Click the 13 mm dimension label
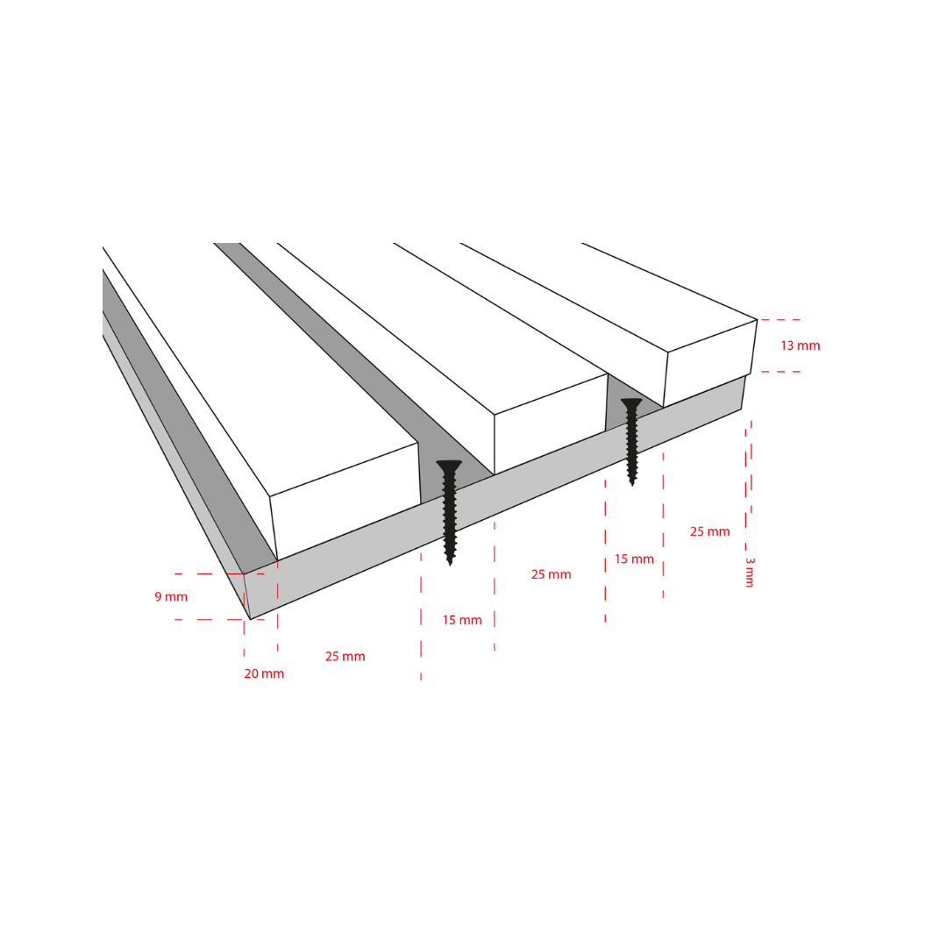(x=801, y=345)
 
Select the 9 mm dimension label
(x=171, y=597)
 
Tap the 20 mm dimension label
(x=264, y=673)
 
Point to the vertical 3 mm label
(x=750, y=572)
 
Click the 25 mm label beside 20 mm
(x=345, y=657)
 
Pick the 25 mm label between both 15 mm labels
(x=551, y=574)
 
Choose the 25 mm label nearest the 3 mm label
(x=709, y=531)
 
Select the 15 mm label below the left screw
(x=462, y=620)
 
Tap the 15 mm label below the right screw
(x=634, y=559)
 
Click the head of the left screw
(x=449, y=466)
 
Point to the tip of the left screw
(x=450, y=564)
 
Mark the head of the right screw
(x=631, y=402)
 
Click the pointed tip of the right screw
(x=632, y=483)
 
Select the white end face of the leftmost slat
(x=345, y=502)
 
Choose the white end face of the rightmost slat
(x=709, y=364)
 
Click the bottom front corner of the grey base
(x=250, y=619)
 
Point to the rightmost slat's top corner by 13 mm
(x=757, y=319)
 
